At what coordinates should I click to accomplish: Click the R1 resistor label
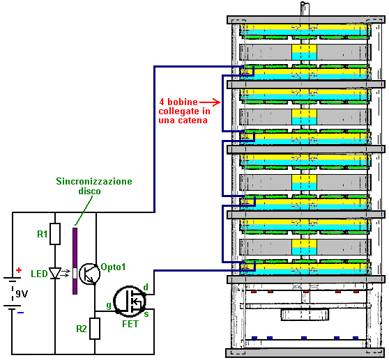coord(42,234)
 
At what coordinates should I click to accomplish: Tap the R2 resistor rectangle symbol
coord(95,329)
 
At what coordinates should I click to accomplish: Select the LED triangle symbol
coord(55,273)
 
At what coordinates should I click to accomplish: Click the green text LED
coord(39,274)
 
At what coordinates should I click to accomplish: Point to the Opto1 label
coord(113,267)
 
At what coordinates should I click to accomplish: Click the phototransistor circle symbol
coord(89,274)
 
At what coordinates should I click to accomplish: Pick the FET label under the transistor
coord(130,324)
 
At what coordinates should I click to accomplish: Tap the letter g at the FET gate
coord(109,306)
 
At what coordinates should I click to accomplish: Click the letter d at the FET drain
coord(146,287)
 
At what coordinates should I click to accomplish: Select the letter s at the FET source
coord(146,314)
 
